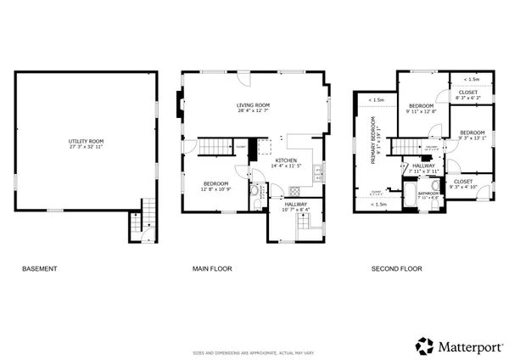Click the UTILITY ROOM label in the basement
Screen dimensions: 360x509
pos(86,140)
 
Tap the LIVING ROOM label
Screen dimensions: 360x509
pos(253,104)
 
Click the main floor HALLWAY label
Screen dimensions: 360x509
pos(296,204)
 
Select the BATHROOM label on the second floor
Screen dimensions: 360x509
pos(428,193)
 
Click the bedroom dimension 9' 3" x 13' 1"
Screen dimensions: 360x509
pos(473,138)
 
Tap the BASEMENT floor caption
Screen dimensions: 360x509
pos(39,269)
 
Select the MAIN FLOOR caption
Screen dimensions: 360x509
pos(212,269)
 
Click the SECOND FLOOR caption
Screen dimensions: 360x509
pos(396,269)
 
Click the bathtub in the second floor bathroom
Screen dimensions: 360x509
pos(410,201)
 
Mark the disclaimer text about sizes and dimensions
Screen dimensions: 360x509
pos(255,352)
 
